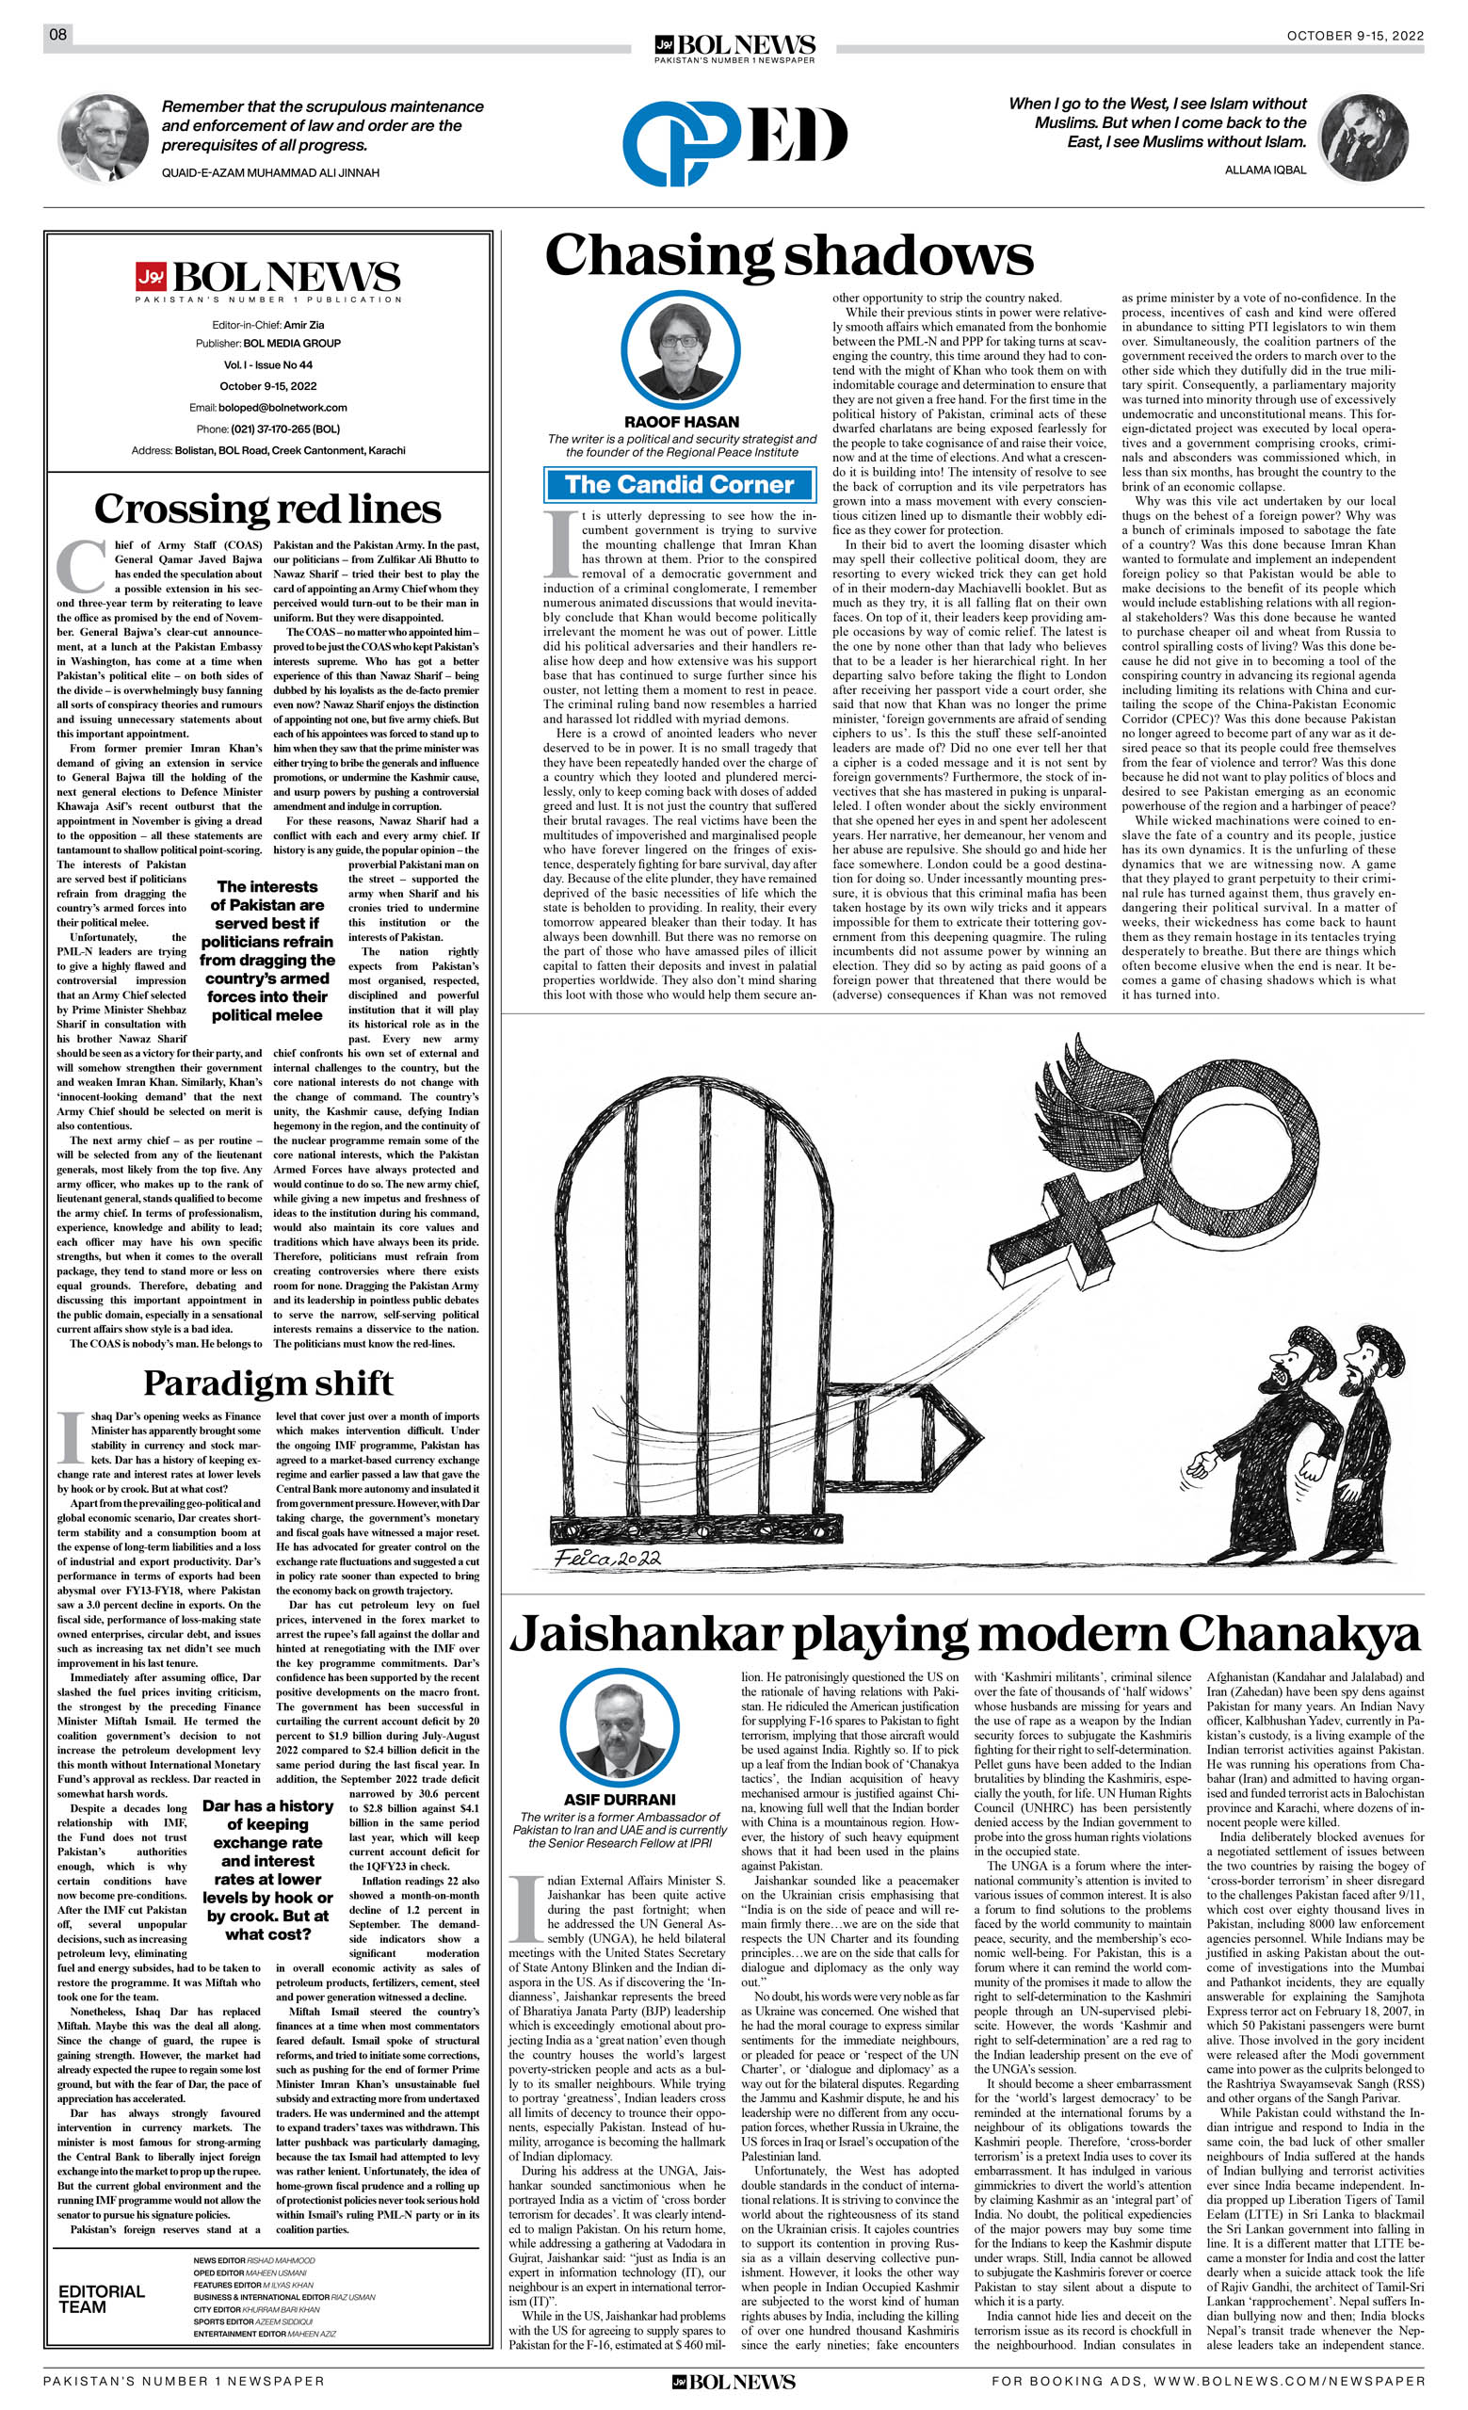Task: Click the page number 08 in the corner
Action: [x=57, y=35]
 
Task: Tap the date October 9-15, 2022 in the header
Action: [x=1355, y=35]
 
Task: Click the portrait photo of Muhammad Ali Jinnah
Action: [x=103, y=138]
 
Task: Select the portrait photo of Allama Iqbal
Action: [x=1363, y=137]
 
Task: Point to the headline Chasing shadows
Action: [x=788, y=255]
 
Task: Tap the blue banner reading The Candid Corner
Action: [x=680, y=485]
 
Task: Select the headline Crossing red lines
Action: [x=267, y=509]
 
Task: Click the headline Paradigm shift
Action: [x=267, y=1383]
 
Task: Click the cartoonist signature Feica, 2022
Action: [x=608, y=1557]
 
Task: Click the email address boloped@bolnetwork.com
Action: [x=282, y=408]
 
